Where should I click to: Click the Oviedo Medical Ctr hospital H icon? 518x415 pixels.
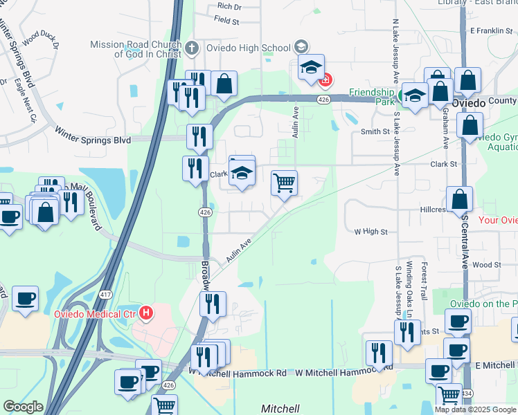click(145, 313)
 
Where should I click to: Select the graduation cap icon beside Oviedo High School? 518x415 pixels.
click(301, 47)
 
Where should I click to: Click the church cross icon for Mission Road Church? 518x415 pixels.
click(193, 48)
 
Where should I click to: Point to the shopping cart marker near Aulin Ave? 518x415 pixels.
click(284, 184)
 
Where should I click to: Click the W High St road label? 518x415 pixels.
click(370, 232)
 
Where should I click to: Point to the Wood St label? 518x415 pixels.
click(487, 265)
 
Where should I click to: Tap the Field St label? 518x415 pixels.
click(226, 21)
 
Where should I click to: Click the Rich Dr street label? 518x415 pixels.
click(229, 6)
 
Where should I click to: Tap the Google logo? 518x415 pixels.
click(23, 407)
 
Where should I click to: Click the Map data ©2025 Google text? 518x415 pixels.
click(474, 409)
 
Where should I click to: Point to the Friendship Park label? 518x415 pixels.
click(370, 96)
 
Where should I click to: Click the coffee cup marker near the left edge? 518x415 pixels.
click(25, 299)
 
